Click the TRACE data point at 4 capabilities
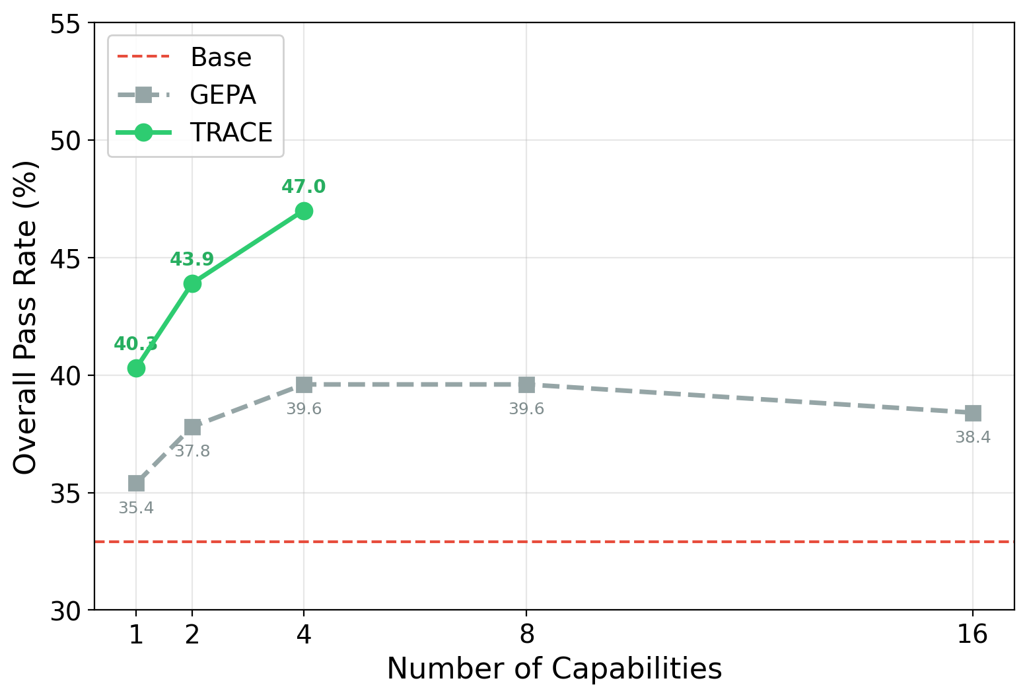(x=304, y=211)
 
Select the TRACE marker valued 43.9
(x=192, y=283)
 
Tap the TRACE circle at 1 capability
(x=136, y=368)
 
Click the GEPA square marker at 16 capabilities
(x=973, y=413)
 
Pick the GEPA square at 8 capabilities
(x=526, y=385)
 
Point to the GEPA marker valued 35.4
(x=136, y=484)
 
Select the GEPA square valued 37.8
(x=192, y=427)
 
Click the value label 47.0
(x=304, y=187)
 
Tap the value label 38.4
(x=973, y=437)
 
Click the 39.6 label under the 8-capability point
(x=526, y=409)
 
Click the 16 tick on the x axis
(x=973, y=634)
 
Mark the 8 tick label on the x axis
(x=526, y=634)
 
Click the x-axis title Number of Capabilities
(x=554, y=669)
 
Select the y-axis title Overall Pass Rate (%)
(x=26, y=316)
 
